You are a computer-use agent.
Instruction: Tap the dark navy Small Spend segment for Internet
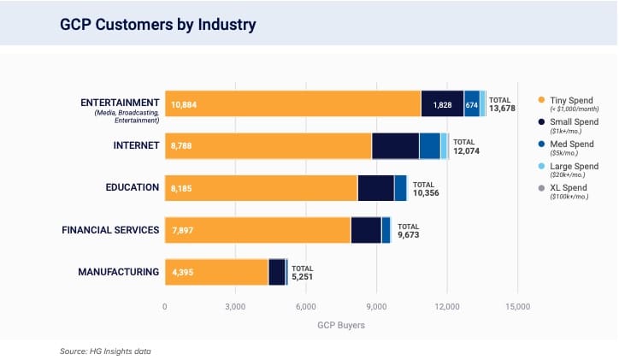click(395, 145)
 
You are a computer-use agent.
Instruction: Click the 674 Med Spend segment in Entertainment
click(471, 104)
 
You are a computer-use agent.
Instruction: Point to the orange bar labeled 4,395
click(216, 272)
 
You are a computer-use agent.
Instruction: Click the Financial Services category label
click(110, 230)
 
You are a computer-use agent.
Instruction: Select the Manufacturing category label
click(118, 272)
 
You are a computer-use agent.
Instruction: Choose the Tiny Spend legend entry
click(567, 100)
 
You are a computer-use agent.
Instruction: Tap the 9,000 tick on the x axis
click(376, 306)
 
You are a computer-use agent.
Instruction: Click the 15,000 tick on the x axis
click(517, 306)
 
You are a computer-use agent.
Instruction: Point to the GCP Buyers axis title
click(341, 326)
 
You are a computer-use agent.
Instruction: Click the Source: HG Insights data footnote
click(106, 351)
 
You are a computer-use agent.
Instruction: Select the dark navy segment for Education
click(375, 187)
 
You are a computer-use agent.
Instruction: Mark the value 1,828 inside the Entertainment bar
click(443, 104)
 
